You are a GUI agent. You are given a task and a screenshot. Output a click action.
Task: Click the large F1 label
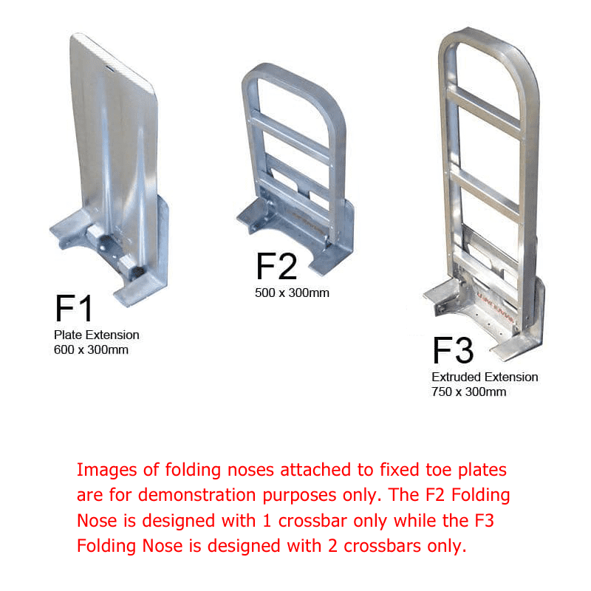click(73, 308)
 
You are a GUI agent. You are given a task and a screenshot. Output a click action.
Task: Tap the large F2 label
click(276, 266)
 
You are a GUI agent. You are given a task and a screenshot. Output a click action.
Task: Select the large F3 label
click(453, 350)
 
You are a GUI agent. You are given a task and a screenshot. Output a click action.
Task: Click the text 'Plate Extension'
click(97, 335)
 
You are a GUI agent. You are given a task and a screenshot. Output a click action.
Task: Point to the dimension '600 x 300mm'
click(91, 349)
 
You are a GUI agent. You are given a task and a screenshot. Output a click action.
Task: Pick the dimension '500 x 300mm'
click(292, 293)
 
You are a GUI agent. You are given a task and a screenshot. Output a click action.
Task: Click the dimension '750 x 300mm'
click(468, 392)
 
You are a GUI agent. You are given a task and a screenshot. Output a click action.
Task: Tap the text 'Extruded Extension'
click(485, 377)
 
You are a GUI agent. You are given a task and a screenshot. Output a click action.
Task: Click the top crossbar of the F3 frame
click(485, 112)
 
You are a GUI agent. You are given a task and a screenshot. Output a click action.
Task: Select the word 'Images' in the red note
click(106, 471)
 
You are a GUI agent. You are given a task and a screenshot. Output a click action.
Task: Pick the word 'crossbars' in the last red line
click(382, 546)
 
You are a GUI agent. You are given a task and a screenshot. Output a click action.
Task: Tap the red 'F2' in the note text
click(435, 495)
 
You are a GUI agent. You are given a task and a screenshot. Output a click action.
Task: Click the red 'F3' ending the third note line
click(485, 521)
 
